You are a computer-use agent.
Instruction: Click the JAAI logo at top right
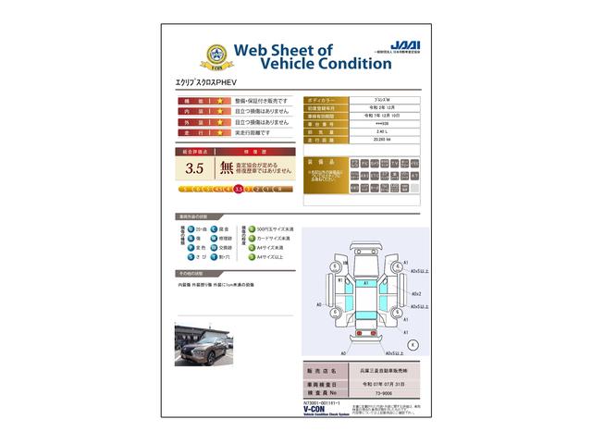(x=403, y=43)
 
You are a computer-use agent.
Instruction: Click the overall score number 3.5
(x=194, y=168)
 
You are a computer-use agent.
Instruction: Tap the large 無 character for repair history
(x=228, y=167)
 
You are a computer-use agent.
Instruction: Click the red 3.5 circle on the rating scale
(x=239, y=189)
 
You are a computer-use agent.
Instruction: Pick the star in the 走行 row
(x=219, y=133)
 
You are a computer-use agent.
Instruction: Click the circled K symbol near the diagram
(x=412, y=343)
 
